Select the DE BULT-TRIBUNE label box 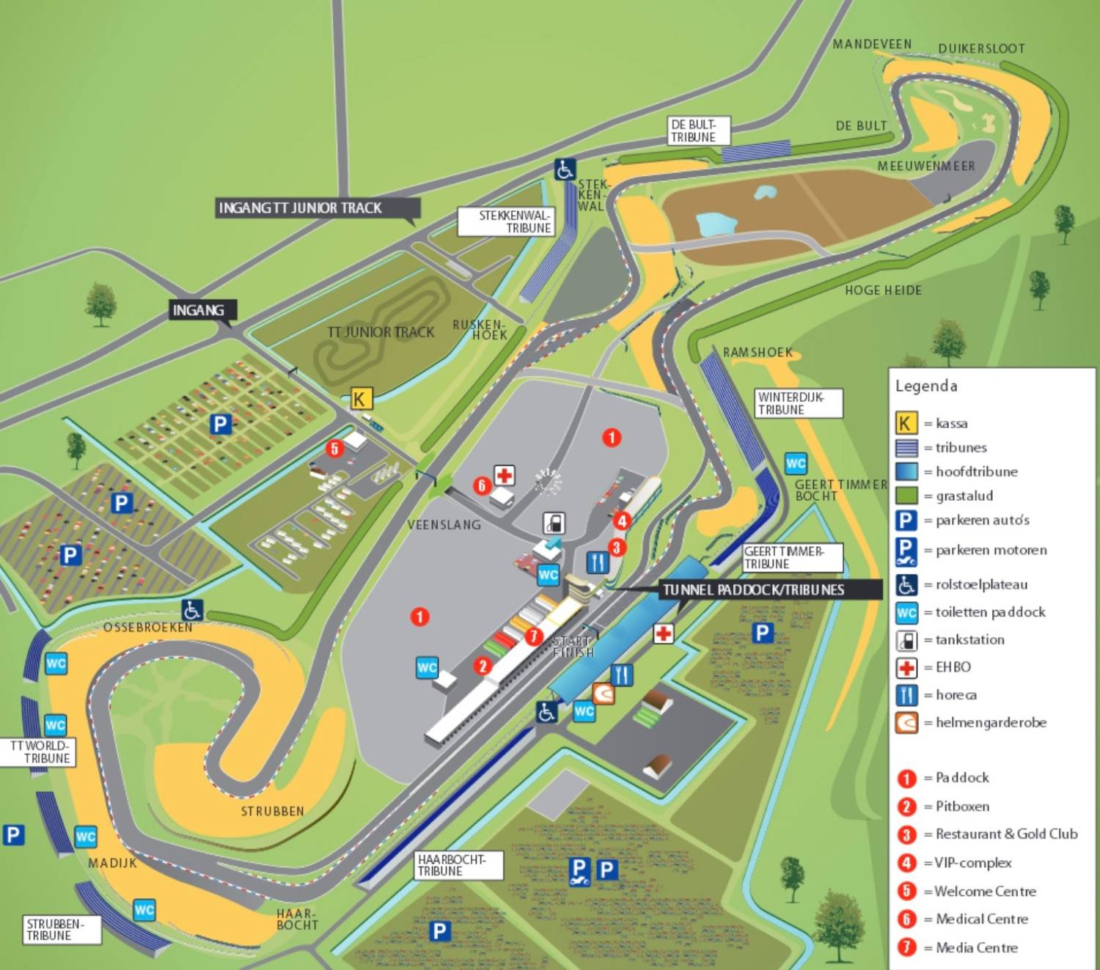698,131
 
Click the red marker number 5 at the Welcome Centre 334,449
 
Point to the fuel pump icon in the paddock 554,523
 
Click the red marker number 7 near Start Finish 533,636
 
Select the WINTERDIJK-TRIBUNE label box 798,403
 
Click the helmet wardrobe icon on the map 603,694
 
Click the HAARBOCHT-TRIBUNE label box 458,865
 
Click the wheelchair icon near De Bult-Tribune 565,169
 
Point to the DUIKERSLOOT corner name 981,48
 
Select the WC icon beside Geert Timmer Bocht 796,463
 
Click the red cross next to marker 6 504,475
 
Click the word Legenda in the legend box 925,386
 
